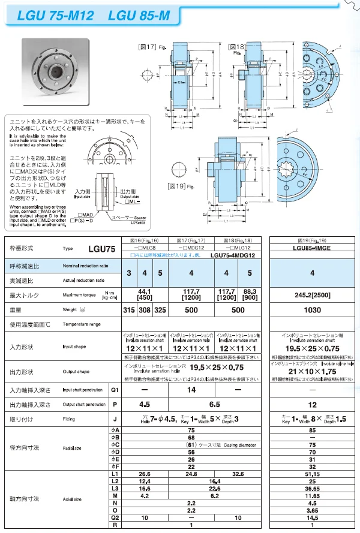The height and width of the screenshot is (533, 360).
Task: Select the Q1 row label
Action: [x=115, y=390]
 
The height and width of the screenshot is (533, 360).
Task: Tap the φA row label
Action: [x=115, y=430]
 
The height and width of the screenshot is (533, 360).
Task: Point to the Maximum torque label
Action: [x=79, y=295]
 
